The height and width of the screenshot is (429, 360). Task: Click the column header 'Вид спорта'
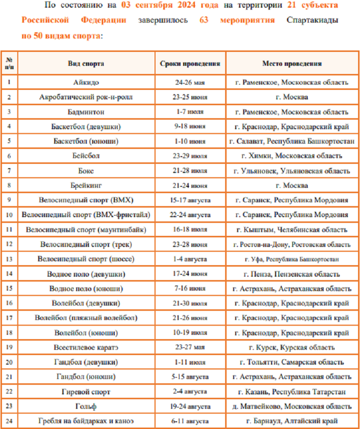pos(86,63)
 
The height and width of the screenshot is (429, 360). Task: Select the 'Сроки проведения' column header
pos(190,63)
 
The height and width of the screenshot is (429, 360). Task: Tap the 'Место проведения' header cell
pos(292,63)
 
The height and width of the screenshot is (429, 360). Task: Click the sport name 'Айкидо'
pos(86,82)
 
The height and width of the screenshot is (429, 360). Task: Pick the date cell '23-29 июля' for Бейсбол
pos(190,156)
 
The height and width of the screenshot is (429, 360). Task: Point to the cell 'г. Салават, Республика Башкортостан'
pos(292,141)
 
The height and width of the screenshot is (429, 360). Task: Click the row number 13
pos(9,259)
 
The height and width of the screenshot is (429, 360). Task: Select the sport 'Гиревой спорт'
pos(86,392)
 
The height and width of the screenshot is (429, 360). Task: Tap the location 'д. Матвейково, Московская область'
pos(292,407)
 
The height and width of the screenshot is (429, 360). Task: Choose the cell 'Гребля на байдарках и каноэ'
pos(86,421)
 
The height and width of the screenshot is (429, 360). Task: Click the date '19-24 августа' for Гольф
pos(190,407)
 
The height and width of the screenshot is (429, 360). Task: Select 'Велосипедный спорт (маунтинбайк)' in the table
pos(86,230)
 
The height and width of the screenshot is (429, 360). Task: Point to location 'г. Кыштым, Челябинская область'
pos(292,230)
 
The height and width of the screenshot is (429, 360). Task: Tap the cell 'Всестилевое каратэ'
pos(86,348)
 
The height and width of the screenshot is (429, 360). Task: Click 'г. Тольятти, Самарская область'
pos(292,362)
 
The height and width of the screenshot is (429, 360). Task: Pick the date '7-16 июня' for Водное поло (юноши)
pos(190,289)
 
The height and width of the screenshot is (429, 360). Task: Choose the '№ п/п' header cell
pos(9,63)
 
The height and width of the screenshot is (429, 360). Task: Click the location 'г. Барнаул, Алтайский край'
pos(292,421)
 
